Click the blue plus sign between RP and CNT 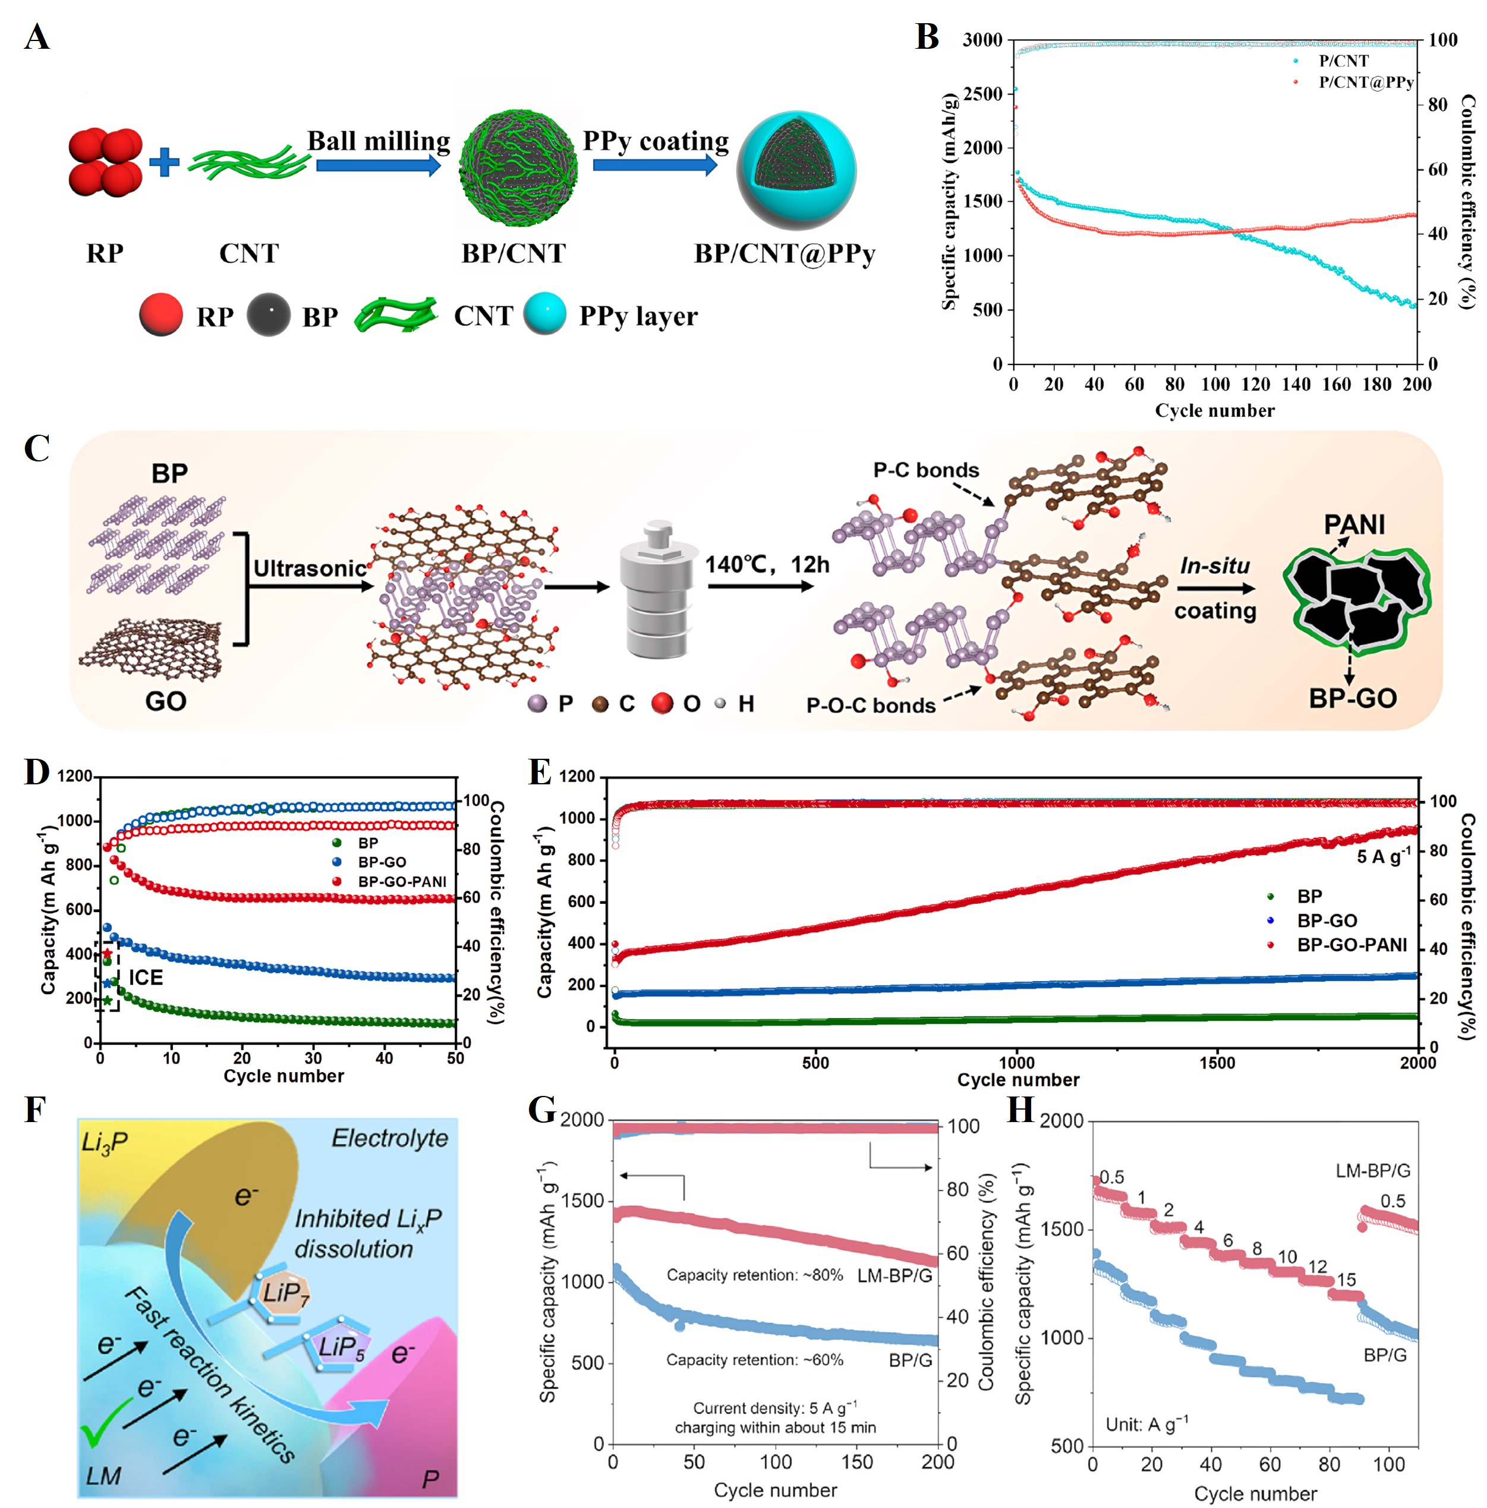coord(164,162)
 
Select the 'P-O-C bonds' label coord(870,705)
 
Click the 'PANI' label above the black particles coord(1354,524)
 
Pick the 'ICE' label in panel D coord(146,977)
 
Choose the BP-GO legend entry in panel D coord(382,862)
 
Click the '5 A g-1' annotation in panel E coord(1383,856)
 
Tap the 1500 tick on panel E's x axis coord(1217,1061)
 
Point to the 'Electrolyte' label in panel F coord(389,1139)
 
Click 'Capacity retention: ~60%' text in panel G coord(754,1360)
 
